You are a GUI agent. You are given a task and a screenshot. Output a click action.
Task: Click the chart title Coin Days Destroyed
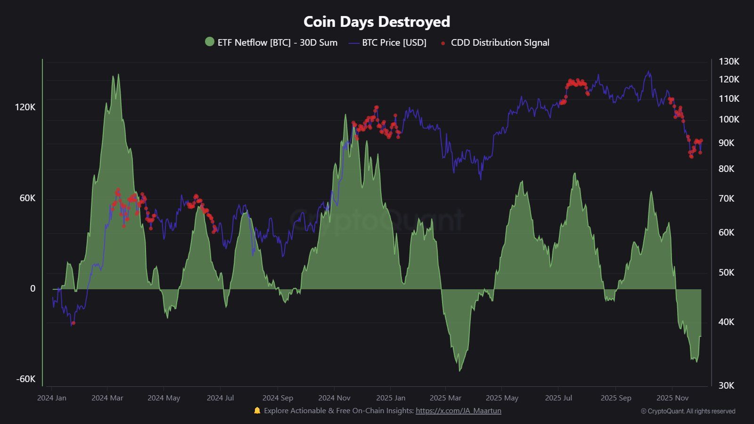[x=377, y=22]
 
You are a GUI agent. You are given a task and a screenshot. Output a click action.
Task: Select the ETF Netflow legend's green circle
[x=210, y=42]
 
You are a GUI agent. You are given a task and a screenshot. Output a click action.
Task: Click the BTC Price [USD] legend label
[x=394, y=42]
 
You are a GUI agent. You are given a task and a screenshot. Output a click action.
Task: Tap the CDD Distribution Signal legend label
[x=500, y=42]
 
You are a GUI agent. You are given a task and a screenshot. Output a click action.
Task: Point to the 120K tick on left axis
[x=25, y=107]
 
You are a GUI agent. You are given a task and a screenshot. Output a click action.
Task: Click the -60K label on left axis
[x=25, y=379]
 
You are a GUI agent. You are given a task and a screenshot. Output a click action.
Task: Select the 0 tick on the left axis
[x=33, y=288]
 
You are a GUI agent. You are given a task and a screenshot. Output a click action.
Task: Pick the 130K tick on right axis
[x=729, y=61]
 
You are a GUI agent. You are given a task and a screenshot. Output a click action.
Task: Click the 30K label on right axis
[x=726, y=385]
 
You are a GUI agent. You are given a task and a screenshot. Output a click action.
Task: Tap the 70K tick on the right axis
[x=726, y=198]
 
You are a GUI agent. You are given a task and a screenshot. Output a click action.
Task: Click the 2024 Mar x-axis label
[x=107, y=398]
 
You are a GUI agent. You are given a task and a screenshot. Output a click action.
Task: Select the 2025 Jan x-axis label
[x=391, y=398]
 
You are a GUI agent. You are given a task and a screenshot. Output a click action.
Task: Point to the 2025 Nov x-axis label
[x=672, y=398]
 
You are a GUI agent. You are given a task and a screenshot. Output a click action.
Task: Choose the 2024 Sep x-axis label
[x=278, y=398]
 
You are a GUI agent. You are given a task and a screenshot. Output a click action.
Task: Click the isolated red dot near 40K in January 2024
[x=73, y=323]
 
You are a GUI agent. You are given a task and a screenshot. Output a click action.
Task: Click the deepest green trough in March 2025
[x=460, y=370]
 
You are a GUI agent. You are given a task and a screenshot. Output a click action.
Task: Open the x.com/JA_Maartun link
[x=458, y=410]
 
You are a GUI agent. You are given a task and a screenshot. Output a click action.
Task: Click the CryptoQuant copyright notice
[x=688, y=411]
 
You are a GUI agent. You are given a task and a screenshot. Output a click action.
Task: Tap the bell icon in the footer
[x=257, y=410]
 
